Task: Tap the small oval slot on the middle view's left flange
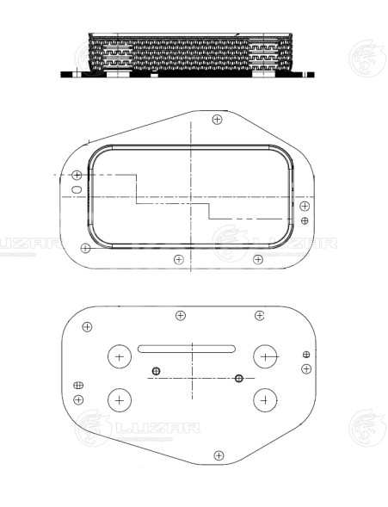coord(77,189)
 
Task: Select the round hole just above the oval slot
coord(77,176)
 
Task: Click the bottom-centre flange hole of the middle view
coord(178,259)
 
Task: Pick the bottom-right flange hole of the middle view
coord(257,259)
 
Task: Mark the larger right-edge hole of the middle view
coord(305,207)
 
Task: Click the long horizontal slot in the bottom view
coord(187,348)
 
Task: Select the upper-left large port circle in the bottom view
coord(119,356)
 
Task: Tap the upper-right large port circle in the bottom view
coord(267,356)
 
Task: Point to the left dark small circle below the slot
coord(156,372)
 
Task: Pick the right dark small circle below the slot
coord(239,379)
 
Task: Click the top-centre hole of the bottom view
coord(181,315)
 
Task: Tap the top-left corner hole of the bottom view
coord(87,327)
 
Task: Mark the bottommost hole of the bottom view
coord(219,454)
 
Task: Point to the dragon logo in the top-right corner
coord(363,60)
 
